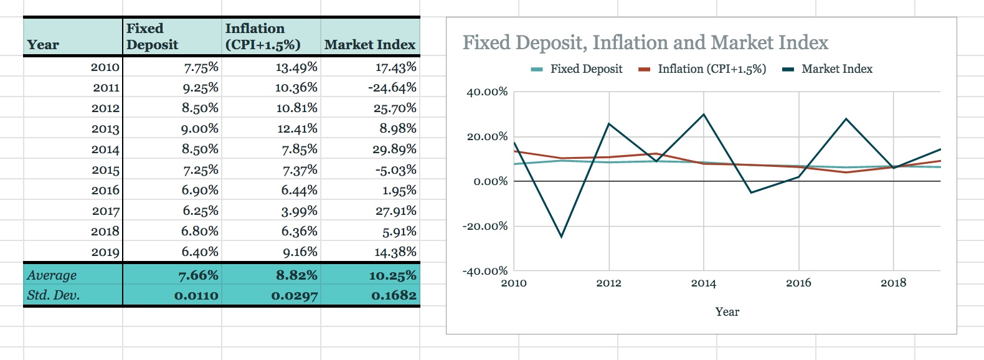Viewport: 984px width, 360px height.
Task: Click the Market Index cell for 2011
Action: coord(392,87)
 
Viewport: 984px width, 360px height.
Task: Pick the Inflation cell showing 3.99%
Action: coord(299,211)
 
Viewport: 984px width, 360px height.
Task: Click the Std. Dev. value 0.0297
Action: coord(294,295)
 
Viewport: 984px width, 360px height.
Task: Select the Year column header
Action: coord(43,45)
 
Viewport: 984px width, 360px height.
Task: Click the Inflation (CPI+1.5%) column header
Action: coord(262,36)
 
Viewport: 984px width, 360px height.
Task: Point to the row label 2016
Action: coord(105,190)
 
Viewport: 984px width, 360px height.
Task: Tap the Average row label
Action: coord(52,275)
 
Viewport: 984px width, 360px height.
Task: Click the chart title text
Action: coord(645,42)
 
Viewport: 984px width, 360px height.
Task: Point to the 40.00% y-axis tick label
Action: coord(487,92)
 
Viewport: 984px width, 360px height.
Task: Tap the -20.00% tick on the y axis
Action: coord(485,226)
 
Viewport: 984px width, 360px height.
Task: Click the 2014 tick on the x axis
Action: coord(703,283)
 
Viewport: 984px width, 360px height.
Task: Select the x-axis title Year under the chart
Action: coord(727,311)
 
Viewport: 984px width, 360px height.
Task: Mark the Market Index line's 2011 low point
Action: coord(561,236)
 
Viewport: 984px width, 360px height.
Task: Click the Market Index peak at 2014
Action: coord(704,115)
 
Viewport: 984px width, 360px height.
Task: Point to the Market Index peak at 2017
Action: coord(846,119)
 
